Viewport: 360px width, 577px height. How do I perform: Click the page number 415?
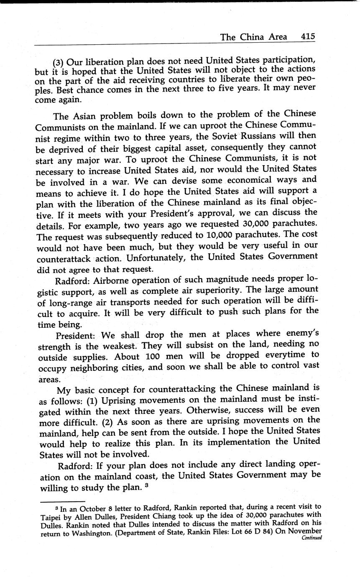point(307,37)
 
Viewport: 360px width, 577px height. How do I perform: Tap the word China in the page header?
point(253,37)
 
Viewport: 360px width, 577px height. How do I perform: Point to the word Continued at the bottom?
point(311,538)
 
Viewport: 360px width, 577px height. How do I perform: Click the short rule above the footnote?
point(63,501)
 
